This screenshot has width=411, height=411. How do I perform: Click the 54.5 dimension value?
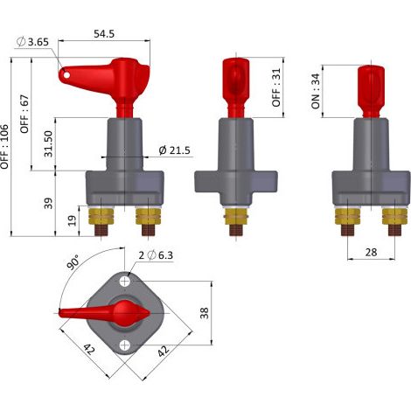[x=104, y=34]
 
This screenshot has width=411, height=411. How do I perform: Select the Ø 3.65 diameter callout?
[x=32, y=42]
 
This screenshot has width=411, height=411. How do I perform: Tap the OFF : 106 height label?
[x=4, y=147]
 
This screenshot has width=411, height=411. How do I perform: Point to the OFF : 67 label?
[x=24, y=114]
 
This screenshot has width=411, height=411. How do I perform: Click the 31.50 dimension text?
[x=48, y=143]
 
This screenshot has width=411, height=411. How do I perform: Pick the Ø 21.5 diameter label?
[x=174, y=150]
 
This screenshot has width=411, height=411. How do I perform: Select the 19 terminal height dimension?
[x=72, y=220]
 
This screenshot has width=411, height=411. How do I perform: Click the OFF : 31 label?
[x=275, y=87]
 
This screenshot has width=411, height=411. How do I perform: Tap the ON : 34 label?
[x=316, y=91]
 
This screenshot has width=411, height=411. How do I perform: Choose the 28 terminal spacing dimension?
[x=371, y=252]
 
